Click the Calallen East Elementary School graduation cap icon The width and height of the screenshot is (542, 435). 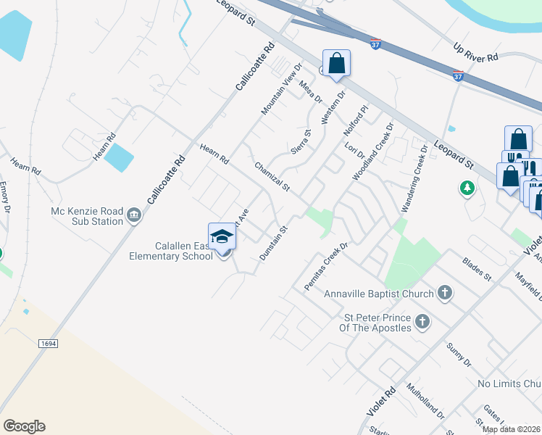tap(222, 236)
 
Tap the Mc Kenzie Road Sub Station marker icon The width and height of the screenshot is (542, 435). tap(133, 215)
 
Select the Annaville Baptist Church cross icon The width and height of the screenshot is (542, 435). tap(444, 293)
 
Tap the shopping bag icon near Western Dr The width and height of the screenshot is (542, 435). tap(337, 63)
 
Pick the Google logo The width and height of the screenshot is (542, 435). tap(24, 426)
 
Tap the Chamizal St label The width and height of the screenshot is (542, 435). tap(272, 177)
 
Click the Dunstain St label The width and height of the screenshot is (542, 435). tap(274, 243)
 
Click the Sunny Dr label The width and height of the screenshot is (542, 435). tap(459, 355)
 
